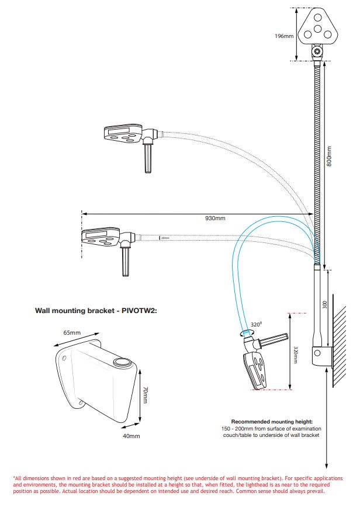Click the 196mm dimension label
coord(284,36)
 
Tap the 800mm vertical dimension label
coord(329,157)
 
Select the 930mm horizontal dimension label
coord(215,218)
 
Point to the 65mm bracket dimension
coord(72,332)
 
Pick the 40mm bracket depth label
coord(131,436)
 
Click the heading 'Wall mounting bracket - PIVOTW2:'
coord(96,311)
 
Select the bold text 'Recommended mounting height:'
coord(272,421)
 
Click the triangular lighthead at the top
coord(317,30)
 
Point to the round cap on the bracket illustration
coord(123,363)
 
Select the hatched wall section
coord(339,345)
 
